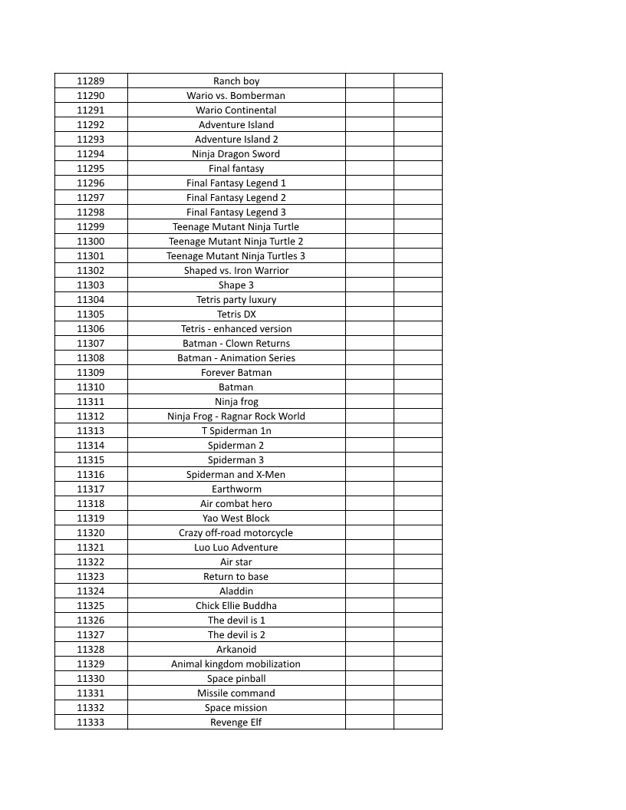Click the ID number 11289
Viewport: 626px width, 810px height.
tap(91, 81)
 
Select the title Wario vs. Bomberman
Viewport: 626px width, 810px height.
tap(236, 95)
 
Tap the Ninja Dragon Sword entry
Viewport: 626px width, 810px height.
tap(236, 153)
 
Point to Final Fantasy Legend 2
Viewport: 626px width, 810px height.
tap(236, 197)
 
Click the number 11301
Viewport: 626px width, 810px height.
tap(91, 255)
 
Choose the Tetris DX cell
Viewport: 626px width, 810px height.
tap(236, 314)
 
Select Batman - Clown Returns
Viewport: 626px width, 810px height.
tap(236, 343)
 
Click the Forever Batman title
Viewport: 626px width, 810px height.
tap(236, 372)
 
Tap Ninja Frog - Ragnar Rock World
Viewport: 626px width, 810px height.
tap(236, 416)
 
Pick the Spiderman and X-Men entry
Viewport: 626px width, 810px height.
tap(236, 474)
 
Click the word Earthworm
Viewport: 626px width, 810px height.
tap(236, 489)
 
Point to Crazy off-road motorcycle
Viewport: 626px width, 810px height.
tap(236, 532)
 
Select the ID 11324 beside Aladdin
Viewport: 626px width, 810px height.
tap(91, 591)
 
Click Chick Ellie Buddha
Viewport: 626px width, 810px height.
tap(236, 605)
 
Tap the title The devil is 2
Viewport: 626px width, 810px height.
tap(236, 634)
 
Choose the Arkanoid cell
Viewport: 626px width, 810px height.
tap(236, 649)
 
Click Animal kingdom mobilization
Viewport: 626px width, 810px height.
tap(236, 663)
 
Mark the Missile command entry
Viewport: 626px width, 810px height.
tap(236, 693)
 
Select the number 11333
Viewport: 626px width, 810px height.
tap(91, 722)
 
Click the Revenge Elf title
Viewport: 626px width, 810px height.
tap(236, 722)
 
